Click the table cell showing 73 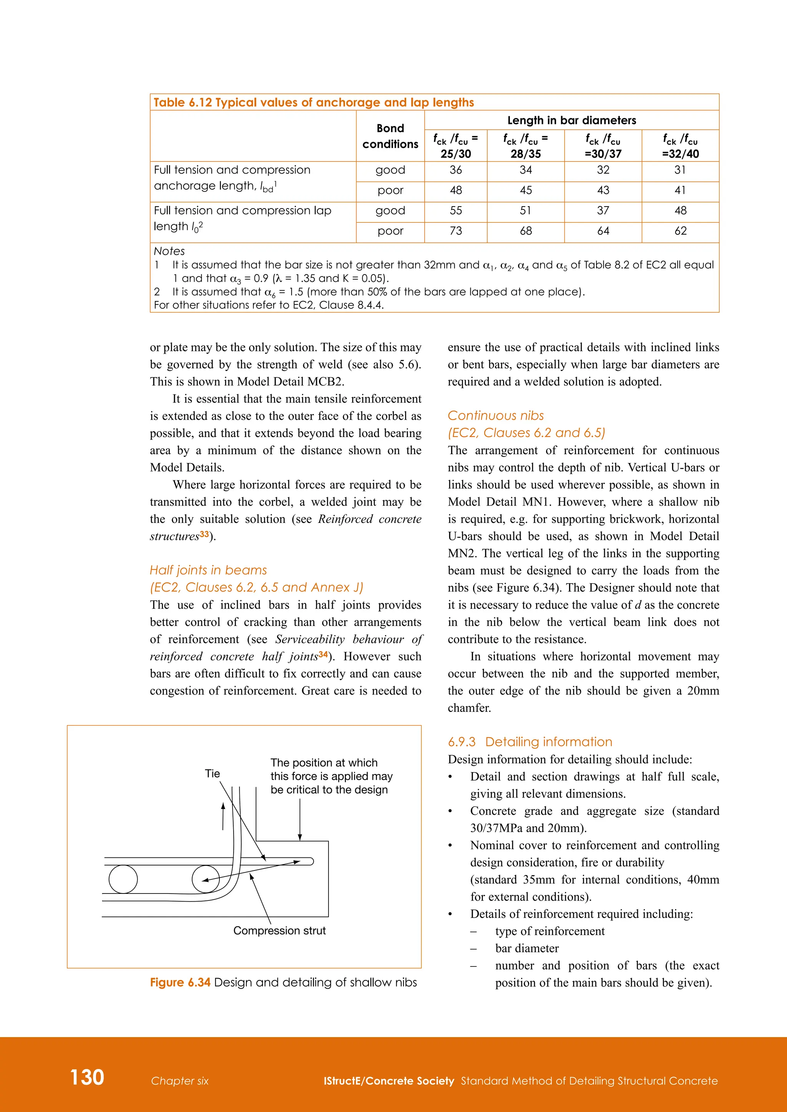tap(455, 231)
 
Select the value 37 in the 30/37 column tap(603, 211)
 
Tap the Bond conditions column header tap(390, 136)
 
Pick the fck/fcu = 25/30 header tap(455, 146)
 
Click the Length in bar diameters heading tap(571, 120)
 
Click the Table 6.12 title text tap(314, 103)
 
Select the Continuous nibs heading tap(495, 415)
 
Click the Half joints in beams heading tap(208, 570)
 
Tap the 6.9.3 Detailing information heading tap(530, 742)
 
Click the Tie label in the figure tap(212, 773)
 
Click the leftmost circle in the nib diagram tap(123, 879)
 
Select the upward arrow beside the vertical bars tap(223, 816)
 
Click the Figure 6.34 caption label tap(180, 982)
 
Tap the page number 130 tap(87, 1077)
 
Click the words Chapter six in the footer tap(179, 1081)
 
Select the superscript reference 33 tap(204, 534)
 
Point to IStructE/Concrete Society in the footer tap(389, 1081)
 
